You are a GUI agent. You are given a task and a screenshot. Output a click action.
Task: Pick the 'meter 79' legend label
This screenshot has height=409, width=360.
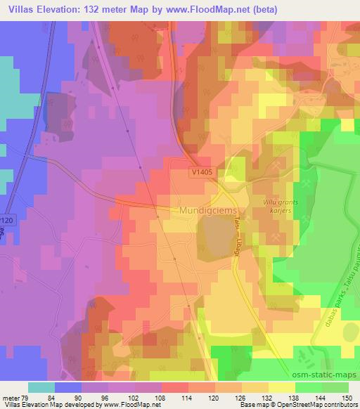pyautogui.click(x=14, y=398)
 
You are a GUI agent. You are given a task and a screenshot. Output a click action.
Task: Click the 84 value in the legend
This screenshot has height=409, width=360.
pyautogui.click(x=56, y=398)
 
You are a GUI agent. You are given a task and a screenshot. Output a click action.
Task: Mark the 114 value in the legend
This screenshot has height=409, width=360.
pyautogui.click(x=188, y=398)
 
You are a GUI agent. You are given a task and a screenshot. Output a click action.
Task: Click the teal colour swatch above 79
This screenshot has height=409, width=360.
pyautogui.click(x=41, y=387)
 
